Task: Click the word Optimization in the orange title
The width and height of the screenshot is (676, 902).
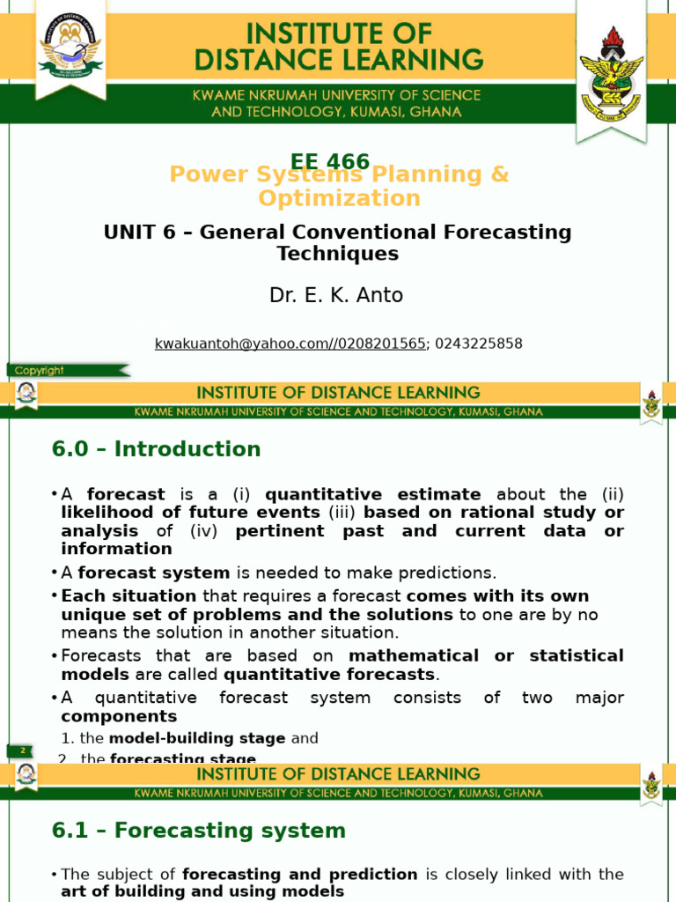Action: [339, 198]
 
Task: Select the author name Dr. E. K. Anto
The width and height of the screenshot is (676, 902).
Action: [336, 295]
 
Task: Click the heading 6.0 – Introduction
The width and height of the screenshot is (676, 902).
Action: [157, 449]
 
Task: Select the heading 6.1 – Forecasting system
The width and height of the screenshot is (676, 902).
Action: [199, 831]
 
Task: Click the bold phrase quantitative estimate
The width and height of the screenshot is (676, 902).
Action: [373, 494]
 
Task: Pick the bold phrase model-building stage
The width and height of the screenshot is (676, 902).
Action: [197, 738]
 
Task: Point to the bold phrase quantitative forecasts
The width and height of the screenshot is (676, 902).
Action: [330, 675]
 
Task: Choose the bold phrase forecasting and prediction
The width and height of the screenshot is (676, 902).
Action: [300, 875]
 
